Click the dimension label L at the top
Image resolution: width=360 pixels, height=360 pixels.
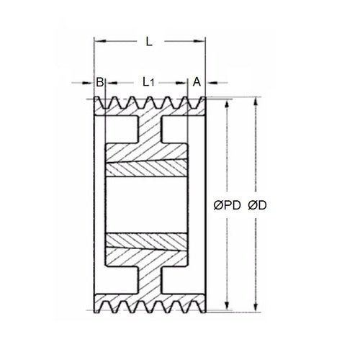(148, 42)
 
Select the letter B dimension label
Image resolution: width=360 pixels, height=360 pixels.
(99, 82)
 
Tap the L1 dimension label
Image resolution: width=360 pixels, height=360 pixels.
(148, 82)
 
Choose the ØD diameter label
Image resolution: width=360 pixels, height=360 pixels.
(258, 205)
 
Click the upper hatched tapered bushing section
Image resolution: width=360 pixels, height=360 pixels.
(148, 171)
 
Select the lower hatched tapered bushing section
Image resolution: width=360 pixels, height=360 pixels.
(148, 243)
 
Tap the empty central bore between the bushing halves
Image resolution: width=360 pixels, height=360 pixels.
(148, 207)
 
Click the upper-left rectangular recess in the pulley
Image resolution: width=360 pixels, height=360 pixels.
(120, 129)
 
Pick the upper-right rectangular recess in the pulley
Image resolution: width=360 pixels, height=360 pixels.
(176, 129)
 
